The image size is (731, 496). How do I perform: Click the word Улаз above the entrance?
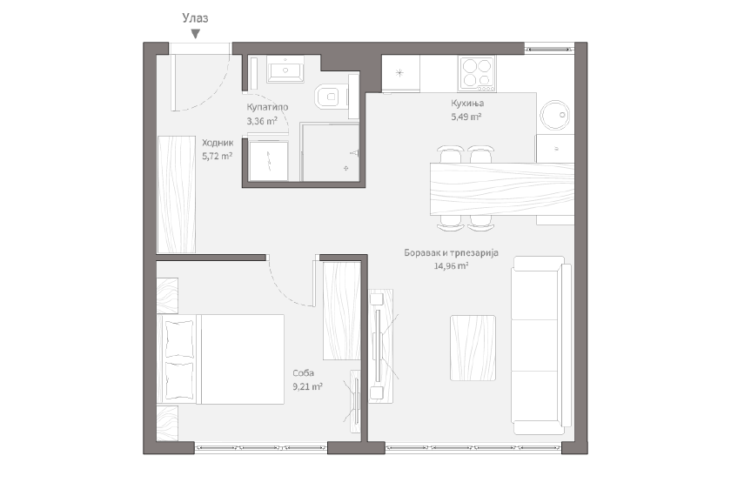click(x=195, y=18)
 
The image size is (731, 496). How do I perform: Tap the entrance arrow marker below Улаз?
click(x=196, y=34)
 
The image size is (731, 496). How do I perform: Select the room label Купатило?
click(x=267, y=107)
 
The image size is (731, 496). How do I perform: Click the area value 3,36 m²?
click(x=262, y=121)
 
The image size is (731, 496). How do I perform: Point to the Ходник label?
click(x=218, y=143)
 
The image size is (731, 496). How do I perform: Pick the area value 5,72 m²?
click(x=218, y=156)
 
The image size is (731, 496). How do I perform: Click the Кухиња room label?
click(x=467, y=103)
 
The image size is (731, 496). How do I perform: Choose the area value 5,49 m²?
click(x=466, y=117)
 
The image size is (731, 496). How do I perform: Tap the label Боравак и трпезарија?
click(x=452, y=252)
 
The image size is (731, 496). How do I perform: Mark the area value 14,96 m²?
click(x=452, y=266)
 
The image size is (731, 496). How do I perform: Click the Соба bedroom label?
click(x=303, y=373)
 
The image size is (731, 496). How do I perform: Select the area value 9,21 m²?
click(x=308, y=386)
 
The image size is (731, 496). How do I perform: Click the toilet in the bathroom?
click(x=332, y=97)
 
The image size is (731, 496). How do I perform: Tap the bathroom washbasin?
click(x=285, y=70)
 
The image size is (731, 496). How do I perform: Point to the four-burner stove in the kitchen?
click(x=477, y=74)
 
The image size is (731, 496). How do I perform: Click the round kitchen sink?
click(x=555, y=115)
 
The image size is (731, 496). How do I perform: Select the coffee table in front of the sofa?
click(x=473, y=348)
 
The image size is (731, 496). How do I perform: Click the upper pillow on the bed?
click(x=179, y=339)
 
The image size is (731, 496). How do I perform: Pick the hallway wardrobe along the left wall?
click(x=176, y=195)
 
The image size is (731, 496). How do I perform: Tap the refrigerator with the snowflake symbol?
click(x=400, y=73)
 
